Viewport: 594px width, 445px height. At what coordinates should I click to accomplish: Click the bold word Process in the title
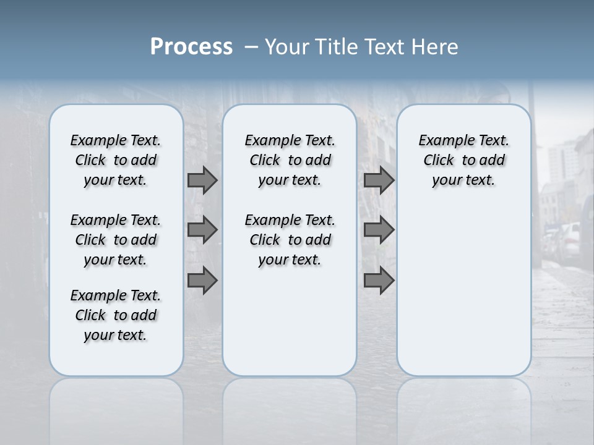(x=191, y=47)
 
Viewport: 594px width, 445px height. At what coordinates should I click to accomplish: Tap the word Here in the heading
(x=434, y=47)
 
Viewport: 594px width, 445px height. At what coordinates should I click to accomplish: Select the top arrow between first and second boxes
(x=202, y=180)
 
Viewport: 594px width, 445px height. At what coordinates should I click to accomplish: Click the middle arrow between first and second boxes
(x=202, y=230)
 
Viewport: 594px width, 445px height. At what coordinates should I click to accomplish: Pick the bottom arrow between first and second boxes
(x=202, y=281)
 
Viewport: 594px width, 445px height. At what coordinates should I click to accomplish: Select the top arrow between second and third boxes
(x=379, y=180)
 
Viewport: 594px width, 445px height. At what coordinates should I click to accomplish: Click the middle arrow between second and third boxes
(x=379, y=230)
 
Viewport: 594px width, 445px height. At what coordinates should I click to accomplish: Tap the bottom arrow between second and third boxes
(x=379, y=281)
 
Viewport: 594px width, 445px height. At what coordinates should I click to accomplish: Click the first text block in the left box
(x=116, y=160)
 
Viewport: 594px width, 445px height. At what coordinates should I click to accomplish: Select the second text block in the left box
(x=116, y=240)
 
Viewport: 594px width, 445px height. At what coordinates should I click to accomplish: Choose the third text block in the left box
(x=116, y=315)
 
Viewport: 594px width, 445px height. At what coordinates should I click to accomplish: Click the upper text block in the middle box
(x=290, y=160)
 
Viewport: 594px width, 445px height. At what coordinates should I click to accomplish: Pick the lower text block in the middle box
(x=290, y=240)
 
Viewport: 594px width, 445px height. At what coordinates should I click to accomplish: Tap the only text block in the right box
(x=463, y=160)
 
